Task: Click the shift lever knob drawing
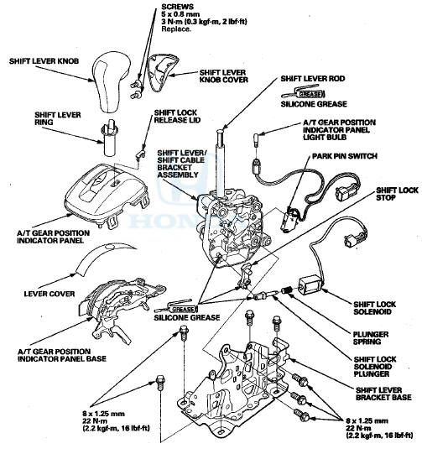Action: pyautogui.click(x=110, y=81)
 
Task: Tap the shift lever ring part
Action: pyautogui.click(x=109, y=138)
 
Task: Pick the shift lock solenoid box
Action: pyautogui.click(x=310, y=284)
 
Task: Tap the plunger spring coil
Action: pyautogui.click(x=286, y=290)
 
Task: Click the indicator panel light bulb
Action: pyautogui.click(x=257, y=140)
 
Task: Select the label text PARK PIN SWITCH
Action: pyautogui.click(x=345, y=156)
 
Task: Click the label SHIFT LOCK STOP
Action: pyautogui.click(x=397, y=194)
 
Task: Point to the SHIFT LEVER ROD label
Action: pyautogui.click(x=313, y=79)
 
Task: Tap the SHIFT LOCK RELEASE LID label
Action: pyautogui.click(x=177, y=116)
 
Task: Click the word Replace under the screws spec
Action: pyautogui.click(x=176, y=29)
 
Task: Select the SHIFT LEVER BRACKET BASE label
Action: pyautogui.click(x=383, y=394)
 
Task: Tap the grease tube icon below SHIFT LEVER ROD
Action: pyautogui.click(x=304, y=92)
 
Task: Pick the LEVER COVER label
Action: pyautogui.click(x=49, y=294)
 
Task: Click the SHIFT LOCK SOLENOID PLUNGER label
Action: pyautogui.click(x=375, y=367)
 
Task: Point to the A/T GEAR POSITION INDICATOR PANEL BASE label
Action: pyautogui.click(x=62, y=355)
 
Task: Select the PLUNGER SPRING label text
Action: pyautogui.click(x=371, y=338)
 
